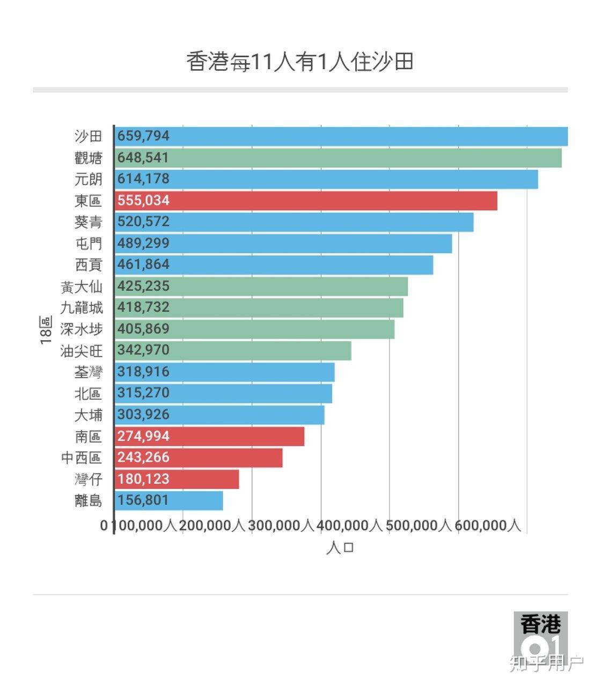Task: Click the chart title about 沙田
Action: [300, 62]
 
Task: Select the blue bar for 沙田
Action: [341, 136]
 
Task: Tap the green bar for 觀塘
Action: [338, 158]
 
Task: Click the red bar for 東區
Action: [306, 201]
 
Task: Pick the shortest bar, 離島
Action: [168, 500]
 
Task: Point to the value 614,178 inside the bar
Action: [143, 179]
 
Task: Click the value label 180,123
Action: [143, 479]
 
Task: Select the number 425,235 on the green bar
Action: [143, 286]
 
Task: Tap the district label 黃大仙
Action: [81, 287]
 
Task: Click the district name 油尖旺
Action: [81, 351]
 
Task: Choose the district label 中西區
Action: [81, 458]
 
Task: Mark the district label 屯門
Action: [88, 244]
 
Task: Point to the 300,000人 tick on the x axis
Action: [281, 525]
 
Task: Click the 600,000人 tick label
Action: [488, 525]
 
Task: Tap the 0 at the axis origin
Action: [104, 525]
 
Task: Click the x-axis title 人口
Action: [340, 548]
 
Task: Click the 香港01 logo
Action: [540, 635]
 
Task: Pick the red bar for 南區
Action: [209, 436]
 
